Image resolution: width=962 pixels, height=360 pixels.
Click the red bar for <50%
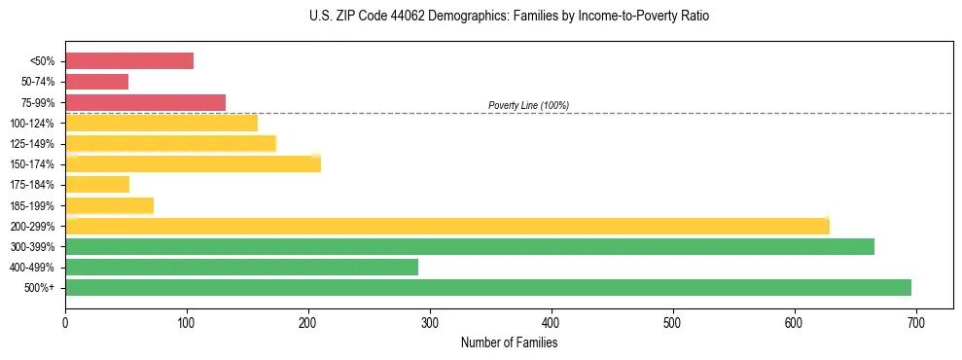coord(129,61)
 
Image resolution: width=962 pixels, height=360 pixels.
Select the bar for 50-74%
coord(97,82)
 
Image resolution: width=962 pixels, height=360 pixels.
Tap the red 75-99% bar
coord(146,102)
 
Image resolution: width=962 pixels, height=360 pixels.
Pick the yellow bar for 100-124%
coord(161,123)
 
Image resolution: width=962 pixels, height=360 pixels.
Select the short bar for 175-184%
coord(97,184)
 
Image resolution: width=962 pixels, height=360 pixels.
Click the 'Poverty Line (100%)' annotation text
coord(528,105)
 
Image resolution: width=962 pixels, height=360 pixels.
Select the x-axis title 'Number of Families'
coord(509,342)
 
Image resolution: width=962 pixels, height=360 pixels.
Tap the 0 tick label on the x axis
coord(65,323)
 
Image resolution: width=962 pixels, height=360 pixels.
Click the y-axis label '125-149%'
coord(37,143)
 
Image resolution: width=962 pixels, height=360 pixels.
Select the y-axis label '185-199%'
coord(37,205)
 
